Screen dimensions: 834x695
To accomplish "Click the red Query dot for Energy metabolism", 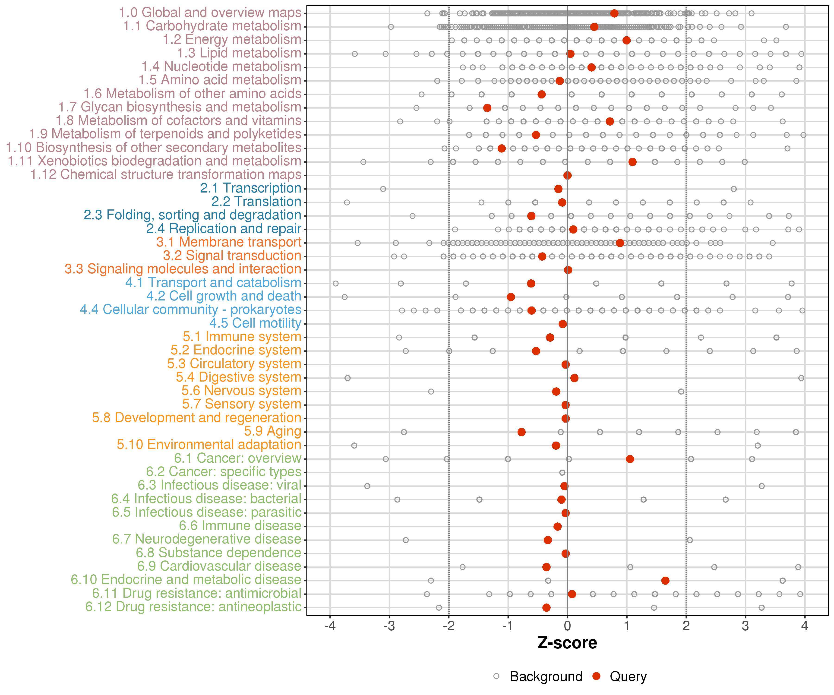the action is coord(627,40).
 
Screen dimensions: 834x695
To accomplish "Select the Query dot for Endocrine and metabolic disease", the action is coord(665,580).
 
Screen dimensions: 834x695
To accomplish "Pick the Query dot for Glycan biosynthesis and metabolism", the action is coord(487,108).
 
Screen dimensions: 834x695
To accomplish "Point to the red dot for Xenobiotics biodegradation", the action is coord(633,162).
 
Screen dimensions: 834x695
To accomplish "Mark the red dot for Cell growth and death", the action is coord(511,297).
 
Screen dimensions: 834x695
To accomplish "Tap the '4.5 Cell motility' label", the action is coord(255,323).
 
